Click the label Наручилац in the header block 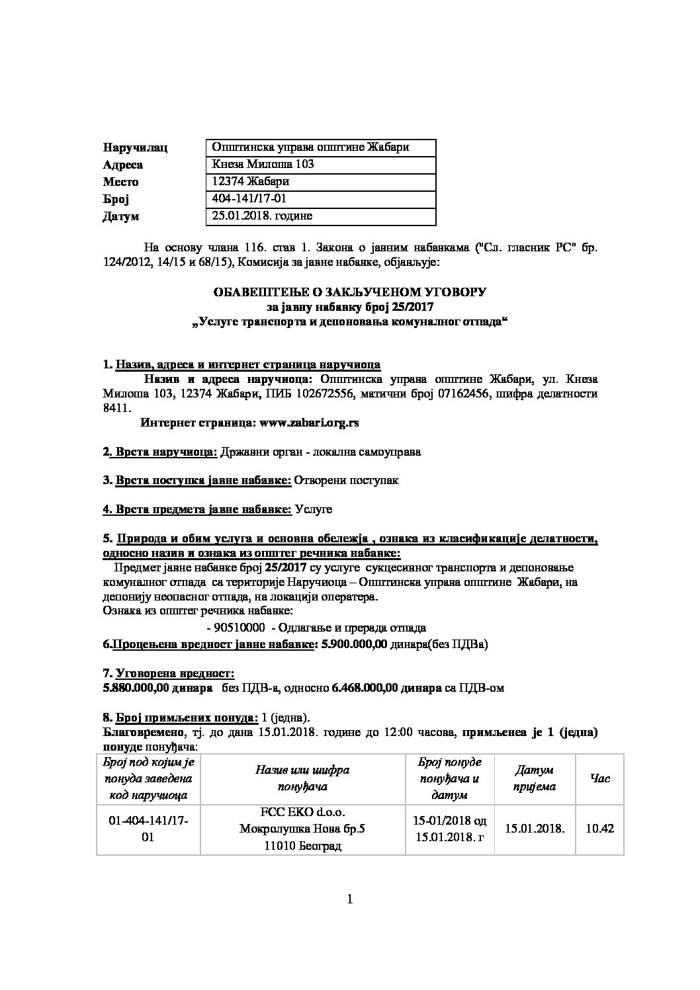coord(135,147)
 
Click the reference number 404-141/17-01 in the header coord(249,199)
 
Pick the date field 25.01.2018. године coord(262,216)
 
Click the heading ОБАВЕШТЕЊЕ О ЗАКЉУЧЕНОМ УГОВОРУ coord(349,292)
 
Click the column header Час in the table coord(599,778)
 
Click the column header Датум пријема coord(535,778)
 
